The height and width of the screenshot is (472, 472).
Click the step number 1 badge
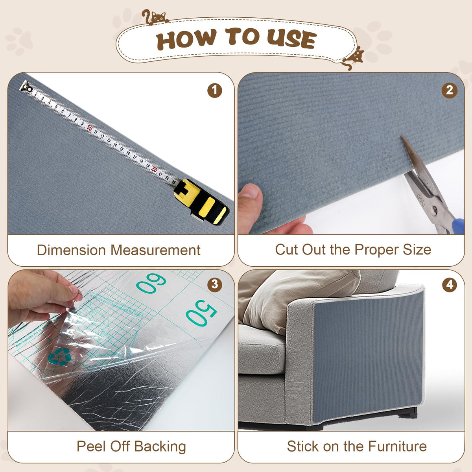click(215, 90)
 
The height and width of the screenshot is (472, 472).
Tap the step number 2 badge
click(449, 90)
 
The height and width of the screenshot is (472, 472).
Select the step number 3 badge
click(215, 285)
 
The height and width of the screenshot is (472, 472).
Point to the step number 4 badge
click(450, 285)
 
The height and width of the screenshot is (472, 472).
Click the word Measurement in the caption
click(155, 250)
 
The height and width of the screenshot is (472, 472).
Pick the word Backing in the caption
click(160, 446)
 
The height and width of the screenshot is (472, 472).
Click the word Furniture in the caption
click(397, 446)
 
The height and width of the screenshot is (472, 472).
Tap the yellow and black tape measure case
click(201, 201)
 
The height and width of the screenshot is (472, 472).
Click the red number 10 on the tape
click(90, 128)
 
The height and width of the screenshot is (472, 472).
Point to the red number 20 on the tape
click(154, 169)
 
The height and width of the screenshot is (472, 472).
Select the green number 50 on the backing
click(201, 313)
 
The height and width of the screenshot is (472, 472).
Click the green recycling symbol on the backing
click(59, 357)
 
